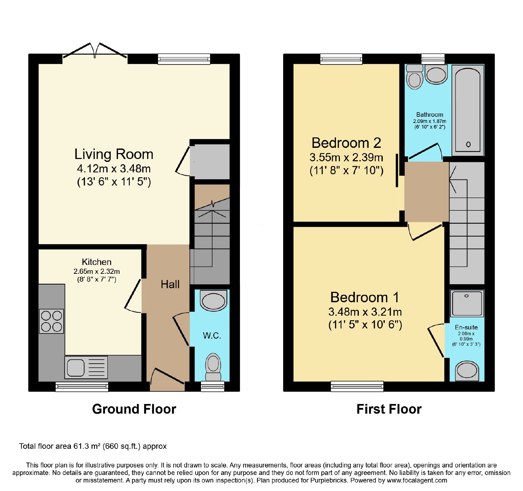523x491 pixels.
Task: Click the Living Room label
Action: pos(114,154)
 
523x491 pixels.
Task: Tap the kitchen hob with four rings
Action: pos(51,321)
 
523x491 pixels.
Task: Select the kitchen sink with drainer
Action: pos(86,367)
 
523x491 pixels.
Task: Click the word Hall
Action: pos(170,284)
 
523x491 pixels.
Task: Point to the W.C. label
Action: pos(212,336)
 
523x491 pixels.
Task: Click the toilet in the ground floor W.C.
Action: pos(213,367)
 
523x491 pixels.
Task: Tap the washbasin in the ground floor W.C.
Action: pos(213,300)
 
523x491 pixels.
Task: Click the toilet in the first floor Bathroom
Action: pos(414,77)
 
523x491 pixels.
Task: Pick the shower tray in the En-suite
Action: pos(467,303)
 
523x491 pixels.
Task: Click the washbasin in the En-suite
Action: pos(467,371)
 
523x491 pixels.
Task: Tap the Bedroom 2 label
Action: pos(346,143)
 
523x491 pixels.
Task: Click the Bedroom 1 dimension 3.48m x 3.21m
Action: pos(365,312)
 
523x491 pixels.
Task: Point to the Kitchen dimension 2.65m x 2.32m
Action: pos(97,272)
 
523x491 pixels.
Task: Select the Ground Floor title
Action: pos(134,409)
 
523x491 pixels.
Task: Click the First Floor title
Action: pos(389,409)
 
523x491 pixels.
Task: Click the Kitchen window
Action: pos(82,387)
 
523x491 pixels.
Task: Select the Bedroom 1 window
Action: pos(357,387)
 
